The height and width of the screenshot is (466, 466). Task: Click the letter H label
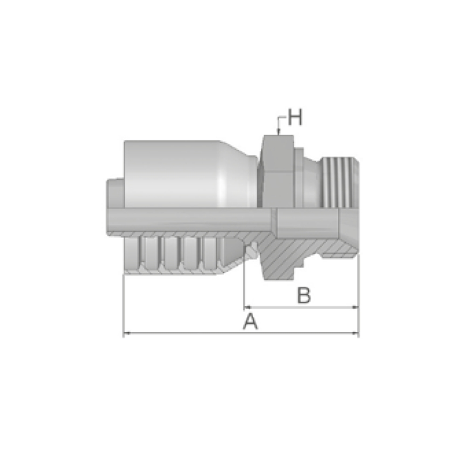[295, 117]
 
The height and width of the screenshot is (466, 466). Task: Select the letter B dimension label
[304, 295]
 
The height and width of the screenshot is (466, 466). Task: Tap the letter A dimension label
[250, 321]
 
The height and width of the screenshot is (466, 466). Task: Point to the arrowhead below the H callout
[278, 132]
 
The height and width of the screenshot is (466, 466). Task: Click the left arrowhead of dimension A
[127, 333]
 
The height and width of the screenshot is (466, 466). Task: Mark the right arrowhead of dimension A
[355, 333]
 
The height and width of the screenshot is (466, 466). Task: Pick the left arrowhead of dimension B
[247, 307]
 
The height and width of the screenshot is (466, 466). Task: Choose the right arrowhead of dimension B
[355, 307]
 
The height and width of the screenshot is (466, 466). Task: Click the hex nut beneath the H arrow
[277, 171]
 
